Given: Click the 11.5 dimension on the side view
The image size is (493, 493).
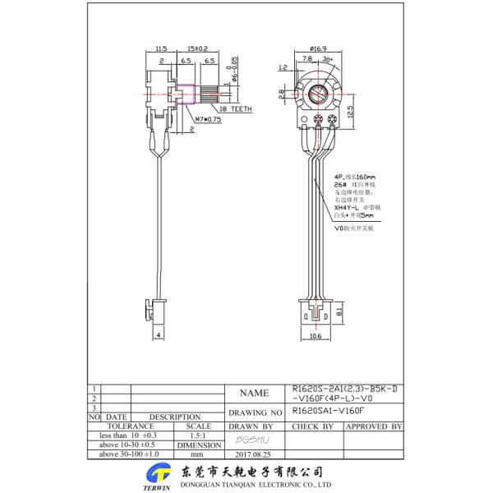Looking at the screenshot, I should (x=161, y=49).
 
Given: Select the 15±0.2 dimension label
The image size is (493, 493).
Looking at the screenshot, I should (x=197, y=49).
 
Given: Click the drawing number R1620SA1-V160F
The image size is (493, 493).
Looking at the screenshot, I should (x=327, y=408).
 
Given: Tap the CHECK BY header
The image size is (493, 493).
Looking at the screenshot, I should (x=313, y=426).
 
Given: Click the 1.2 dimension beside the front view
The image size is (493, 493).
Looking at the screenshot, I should (x=283, y=68).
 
